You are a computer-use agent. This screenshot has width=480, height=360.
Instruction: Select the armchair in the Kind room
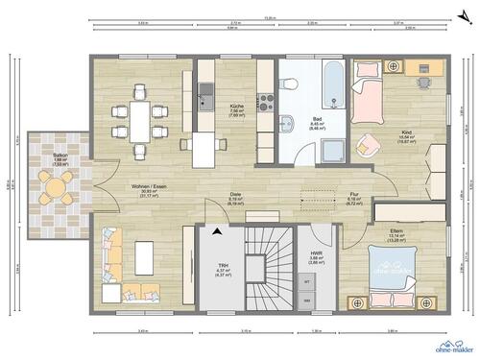pos(367,145)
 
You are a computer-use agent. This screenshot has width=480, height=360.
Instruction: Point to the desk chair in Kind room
pos(421,82)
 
